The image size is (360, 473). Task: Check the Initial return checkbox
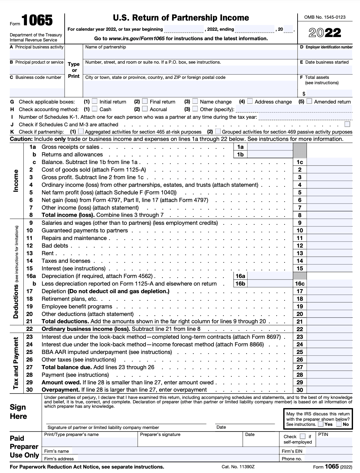point(95,102)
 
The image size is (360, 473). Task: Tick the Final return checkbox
point(145,102)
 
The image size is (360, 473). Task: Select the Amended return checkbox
point(309,102)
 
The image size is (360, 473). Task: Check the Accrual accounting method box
point(145,109)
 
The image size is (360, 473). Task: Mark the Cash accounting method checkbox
point(95,109)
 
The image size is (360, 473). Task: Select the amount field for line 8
point(330,215)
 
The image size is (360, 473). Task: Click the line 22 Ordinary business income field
point(330,329)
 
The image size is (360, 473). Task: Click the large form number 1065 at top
point(37,21)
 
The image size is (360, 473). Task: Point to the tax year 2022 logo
point(325,33)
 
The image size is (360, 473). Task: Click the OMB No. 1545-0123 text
point(325,17)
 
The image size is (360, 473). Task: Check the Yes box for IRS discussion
point(321,424)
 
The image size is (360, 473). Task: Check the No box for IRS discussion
point(339,424)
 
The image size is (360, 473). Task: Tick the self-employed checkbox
point(303,437)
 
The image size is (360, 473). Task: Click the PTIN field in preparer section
point(335,441)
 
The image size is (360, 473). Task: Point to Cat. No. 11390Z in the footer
point(238,467)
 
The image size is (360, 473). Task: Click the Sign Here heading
point(18,412)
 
